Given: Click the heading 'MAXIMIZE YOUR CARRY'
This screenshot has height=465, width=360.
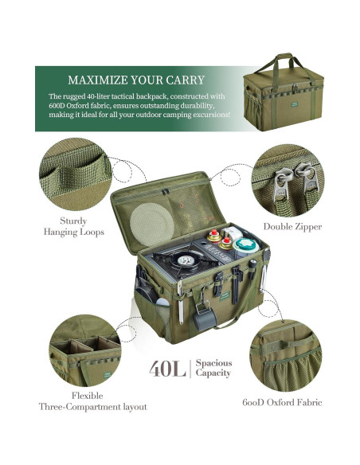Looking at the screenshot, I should pyautogui.click(x=136, y=80).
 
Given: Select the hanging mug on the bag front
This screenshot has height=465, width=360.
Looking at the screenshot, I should pyautogui.click(x=200, y=316).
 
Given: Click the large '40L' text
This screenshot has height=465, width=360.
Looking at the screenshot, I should pyautogui.click(x=166, y=369).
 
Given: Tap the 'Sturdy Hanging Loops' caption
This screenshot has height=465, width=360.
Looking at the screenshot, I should pyautogui.click(x=73, y=226).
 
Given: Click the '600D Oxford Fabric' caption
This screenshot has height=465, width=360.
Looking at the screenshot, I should pyautogui.click(x=283, y=402).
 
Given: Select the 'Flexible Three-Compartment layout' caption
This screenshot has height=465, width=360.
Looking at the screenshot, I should pyautogui.click(x=93, y=401).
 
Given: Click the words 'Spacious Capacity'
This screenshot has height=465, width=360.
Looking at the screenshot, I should pyautogui.click(x=213, y=367).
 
